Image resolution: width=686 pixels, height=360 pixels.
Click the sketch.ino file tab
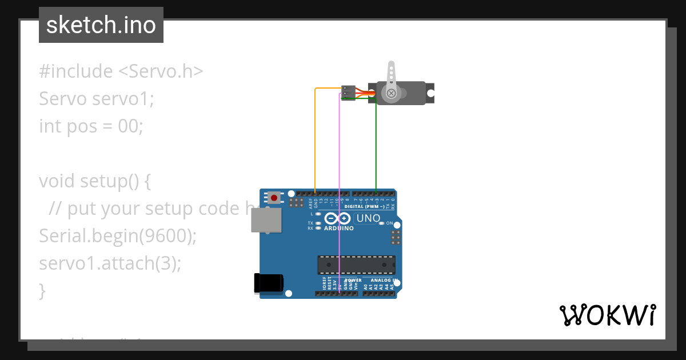pyautogui.click(x=101, y=25)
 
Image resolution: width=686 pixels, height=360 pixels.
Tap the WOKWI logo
pyautogui.click(x=607, y=315)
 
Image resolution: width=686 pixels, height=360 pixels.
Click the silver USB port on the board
pyautogui.click(x=266, y=220)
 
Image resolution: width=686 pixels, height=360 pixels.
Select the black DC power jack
pyautogui.click(x=268, y=283)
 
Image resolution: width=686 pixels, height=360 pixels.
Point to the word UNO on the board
pyautogui.click(x=368, y=218)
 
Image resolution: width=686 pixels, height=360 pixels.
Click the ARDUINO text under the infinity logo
pyautogui.click(x=339, y=229)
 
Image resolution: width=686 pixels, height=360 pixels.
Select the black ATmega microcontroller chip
pyautogui.click(x=356, y=265)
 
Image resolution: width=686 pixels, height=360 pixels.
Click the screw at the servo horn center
pyautogui.click(x=391, y=93)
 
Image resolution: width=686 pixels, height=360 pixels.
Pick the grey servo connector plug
pyautogui.click(x=348, y=93)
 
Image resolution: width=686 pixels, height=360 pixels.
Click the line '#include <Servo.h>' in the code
pyautogui.click(x=121, y=71)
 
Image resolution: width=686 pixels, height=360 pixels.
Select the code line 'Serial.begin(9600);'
pyautogui.click(x=118, y=235)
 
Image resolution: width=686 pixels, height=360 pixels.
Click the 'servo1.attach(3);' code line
pyautogui.click(x=110, y=263)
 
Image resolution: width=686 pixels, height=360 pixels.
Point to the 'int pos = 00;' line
pyautogui.click(x=91, y=126)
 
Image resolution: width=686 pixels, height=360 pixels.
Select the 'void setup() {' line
pyautogui.click(x=95, y=181)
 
